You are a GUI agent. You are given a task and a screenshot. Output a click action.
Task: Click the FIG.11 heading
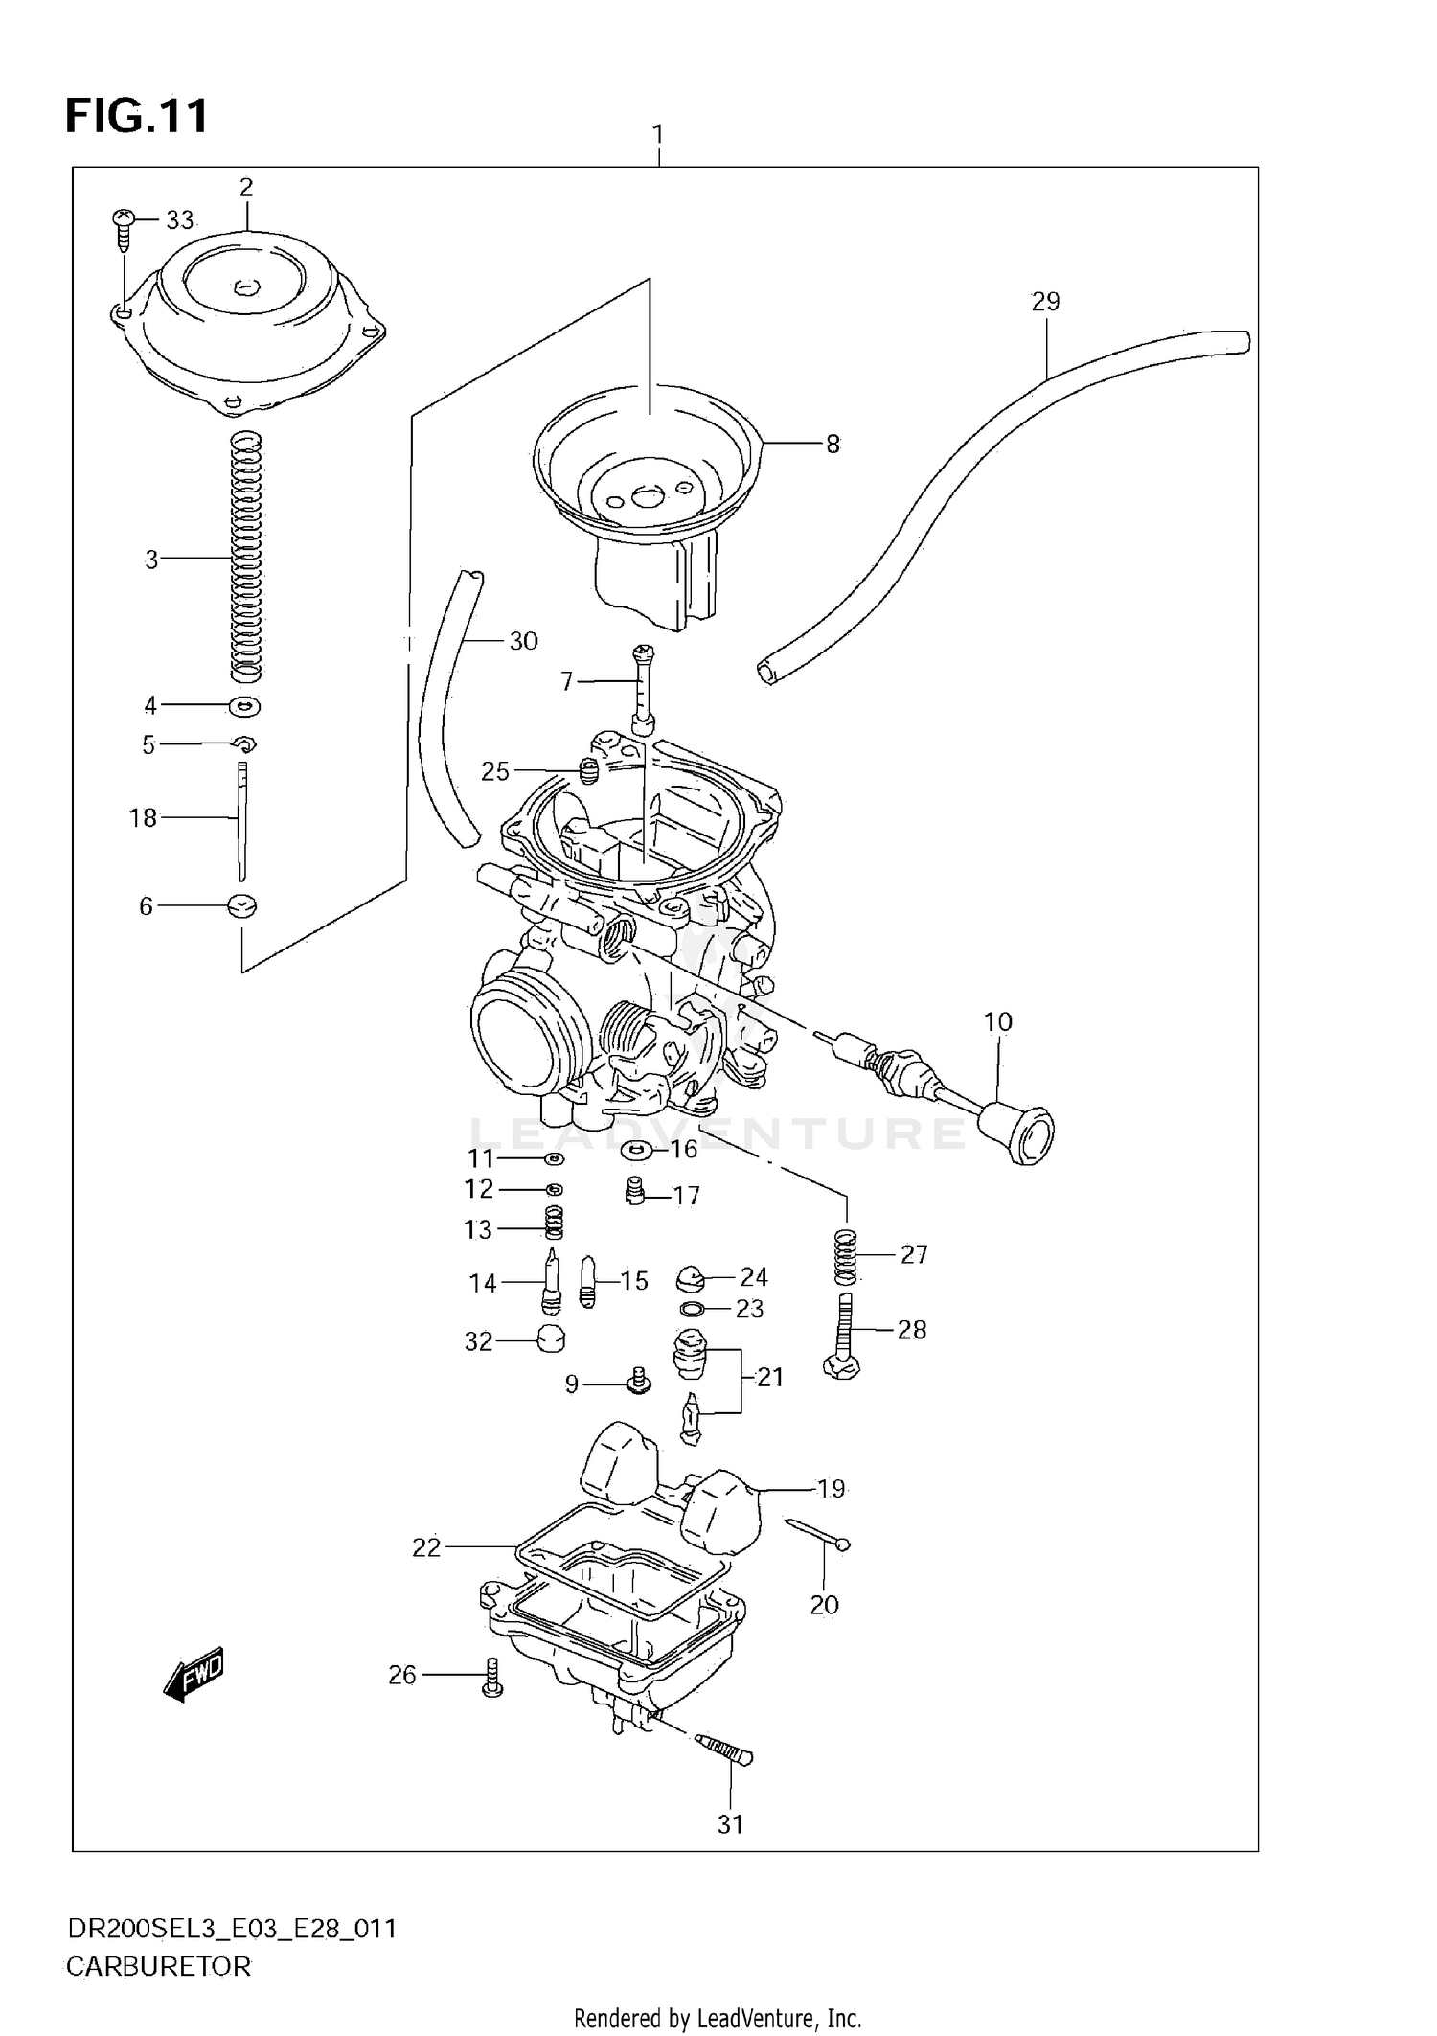(x=136, y=117)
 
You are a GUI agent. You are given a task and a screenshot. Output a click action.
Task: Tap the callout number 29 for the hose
(x=1045, y=302)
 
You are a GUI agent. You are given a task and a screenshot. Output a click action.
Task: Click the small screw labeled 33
(x=123, y=222)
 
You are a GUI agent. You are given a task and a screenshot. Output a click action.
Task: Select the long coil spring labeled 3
(x=246, y=556)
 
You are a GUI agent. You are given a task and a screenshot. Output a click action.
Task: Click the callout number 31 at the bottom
(x=730, y=1824)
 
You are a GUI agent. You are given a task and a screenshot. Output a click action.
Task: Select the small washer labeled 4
(x=245, y=706)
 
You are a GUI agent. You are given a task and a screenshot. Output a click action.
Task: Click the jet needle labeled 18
(x=242, y=820)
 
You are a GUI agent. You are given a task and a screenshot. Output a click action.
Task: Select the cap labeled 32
(x=550, y=1338)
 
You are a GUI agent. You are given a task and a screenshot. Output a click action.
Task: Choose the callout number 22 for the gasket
(x=426, y=1547)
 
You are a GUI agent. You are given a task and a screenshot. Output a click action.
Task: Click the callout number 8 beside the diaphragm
(x=833, y=444)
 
